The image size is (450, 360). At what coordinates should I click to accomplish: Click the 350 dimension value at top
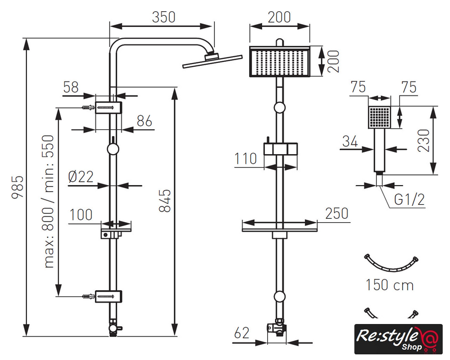point(163,17)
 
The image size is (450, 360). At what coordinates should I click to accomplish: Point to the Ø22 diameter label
point(80,177)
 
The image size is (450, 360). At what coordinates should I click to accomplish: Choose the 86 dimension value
point(145,121)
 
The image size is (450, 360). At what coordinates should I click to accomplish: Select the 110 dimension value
point(246,159)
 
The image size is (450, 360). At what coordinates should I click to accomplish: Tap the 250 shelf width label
point(336,214)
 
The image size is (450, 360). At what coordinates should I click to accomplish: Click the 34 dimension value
point(350,141)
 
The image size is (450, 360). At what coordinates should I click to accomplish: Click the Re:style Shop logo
point(398,339)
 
